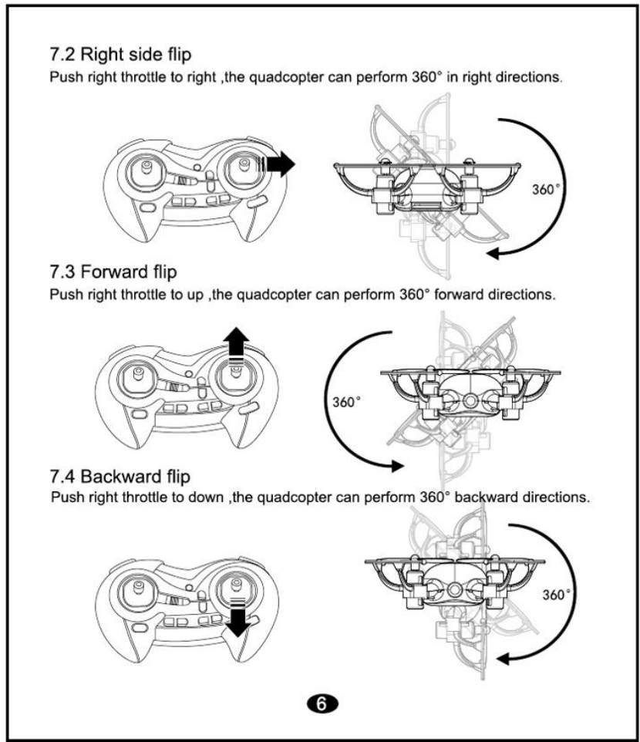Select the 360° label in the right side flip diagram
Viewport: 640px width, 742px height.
[x=545, y=189]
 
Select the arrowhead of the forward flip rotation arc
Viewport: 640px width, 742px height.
[x=396, y=465]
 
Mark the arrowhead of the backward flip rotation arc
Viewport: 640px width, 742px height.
[x=502, y=658]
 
